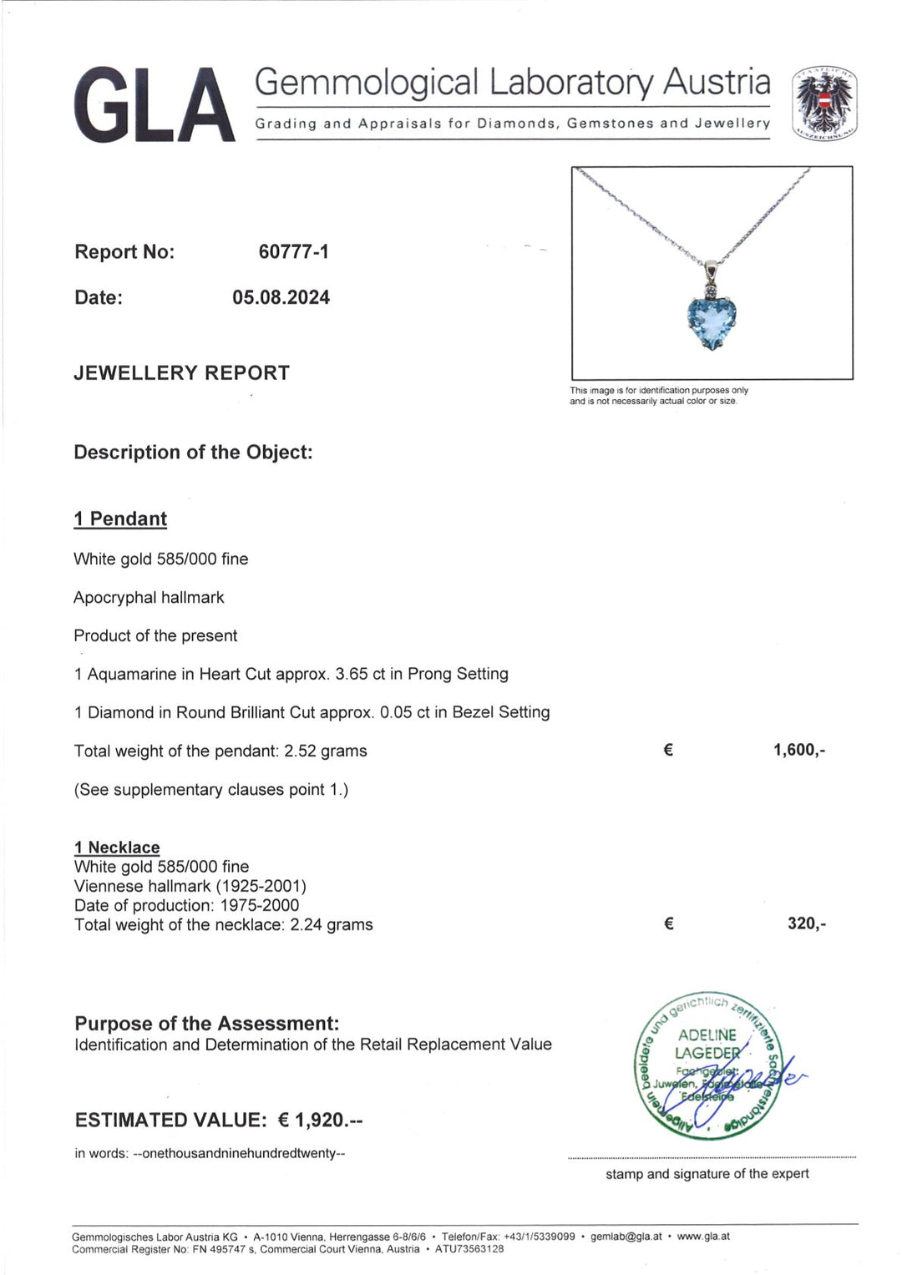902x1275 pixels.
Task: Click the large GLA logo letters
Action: pos(155,105)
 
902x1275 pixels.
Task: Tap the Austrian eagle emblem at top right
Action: pos(824,102)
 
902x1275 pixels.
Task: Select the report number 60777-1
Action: pos(293,251)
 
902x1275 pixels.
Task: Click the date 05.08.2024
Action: pos(281,297)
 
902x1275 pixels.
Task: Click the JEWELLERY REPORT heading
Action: pos(181,373)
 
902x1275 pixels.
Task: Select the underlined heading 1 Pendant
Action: pos(120,519)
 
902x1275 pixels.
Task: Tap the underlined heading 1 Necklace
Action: pos(117,847)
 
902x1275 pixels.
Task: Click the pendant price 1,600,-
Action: pos(799,750)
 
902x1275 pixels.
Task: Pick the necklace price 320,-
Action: pos(807,923)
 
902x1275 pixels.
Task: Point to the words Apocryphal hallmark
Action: pos(149,598)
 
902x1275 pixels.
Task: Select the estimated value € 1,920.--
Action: pos(320,1120)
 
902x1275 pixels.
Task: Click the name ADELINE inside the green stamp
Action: pos(707,1035)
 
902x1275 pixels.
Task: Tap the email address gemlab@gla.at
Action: pos(626,1237)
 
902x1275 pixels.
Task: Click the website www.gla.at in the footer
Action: pos(703,1237)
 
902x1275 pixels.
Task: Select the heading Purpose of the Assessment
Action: pos(207,1024)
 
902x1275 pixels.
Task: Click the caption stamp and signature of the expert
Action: pos(707,1174)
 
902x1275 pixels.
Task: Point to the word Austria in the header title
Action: pos(717,83)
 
